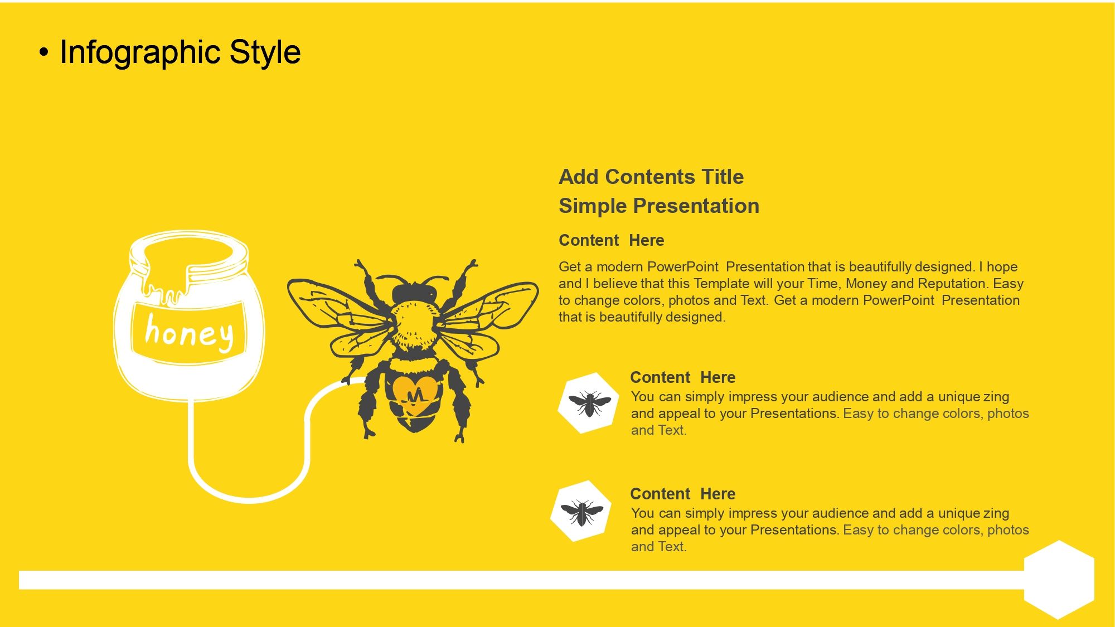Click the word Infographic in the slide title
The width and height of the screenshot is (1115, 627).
tap(141, 54)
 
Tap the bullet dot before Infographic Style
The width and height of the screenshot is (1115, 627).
tap(44, 53)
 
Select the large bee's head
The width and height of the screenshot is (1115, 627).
tap(414, 292)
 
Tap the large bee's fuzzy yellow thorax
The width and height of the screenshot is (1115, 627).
tap(414, 326)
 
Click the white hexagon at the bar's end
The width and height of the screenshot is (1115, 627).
tap(1059, 580)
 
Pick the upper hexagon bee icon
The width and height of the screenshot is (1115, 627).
tap(589, 403)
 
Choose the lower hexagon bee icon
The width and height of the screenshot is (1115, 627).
tap(581, 511)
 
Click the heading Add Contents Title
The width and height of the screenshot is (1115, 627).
tap(651, 177)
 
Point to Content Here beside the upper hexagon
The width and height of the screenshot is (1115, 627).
tap(683, 377)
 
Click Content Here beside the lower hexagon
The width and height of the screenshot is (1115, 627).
tap(683, 494)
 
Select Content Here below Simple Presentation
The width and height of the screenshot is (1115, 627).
tap(612, 240)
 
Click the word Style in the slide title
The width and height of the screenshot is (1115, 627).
tap(265, 54)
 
